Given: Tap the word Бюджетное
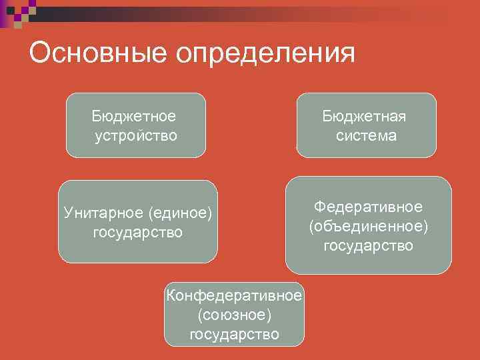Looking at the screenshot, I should coord(135,116).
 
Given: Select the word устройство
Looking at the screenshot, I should coord(136,136).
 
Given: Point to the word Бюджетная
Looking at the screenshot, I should coord(365,116).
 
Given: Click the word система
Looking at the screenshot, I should coord(366,136).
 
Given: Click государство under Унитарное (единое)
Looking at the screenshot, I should coord(137,233).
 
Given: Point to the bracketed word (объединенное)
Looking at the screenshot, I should coord(368,226).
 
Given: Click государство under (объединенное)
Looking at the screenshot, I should coord(368,246).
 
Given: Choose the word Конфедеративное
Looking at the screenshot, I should coord(234,295).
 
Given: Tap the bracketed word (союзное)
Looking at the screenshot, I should coord(234,314).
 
